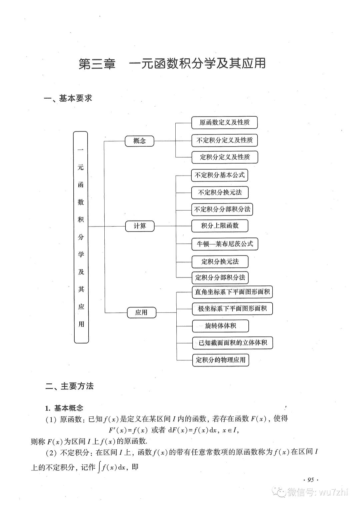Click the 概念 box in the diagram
click(x=139, y=141)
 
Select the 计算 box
click(x=140, y=226)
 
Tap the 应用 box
click(x=141, y=312)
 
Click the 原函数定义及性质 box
click(x=224, y=123)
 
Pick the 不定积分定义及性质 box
click(x=224, y=140)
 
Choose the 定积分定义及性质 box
click(x=225, y=157)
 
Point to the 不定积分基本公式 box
click(x=219, y=175)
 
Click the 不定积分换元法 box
click(x=220, y=193)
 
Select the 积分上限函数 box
click(x=220, y=226)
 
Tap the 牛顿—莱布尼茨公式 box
click(x=225, y=244)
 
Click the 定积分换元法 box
click(x=220, y=261)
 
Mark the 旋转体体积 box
click(x=220, y=326)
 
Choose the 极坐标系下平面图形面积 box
click(x=232, y=308)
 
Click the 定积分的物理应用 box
click(x=220, y=360)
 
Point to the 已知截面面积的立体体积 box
click(x=233, y=343)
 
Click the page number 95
click(x=311, y=480)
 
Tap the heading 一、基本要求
click(x=68, y=98)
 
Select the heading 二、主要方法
click(x=70, y=386)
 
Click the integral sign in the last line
click(x=99, y=467)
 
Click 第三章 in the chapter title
click(x=97, y=64)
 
